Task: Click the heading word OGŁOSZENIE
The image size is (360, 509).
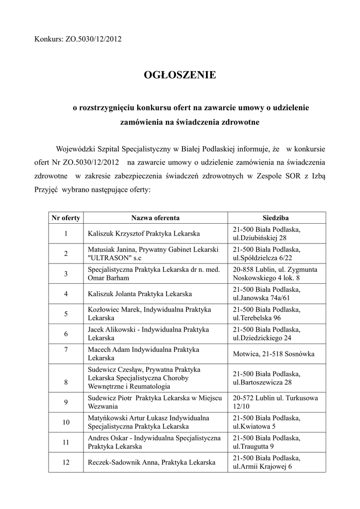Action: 180,75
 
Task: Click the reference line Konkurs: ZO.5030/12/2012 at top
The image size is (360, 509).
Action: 78,38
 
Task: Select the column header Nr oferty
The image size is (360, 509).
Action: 66,218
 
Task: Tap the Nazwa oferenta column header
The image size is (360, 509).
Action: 155,218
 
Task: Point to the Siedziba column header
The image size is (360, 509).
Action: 276,218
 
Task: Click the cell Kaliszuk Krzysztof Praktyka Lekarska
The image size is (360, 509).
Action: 144,233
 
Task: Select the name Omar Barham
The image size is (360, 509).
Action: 108,278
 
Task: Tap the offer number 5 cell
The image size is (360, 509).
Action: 66,313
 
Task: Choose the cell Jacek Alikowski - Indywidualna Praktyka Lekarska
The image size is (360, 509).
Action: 148,334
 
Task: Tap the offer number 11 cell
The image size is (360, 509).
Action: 66,442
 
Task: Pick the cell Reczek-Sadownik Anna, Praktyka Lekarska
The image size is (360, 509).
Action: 151,462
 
